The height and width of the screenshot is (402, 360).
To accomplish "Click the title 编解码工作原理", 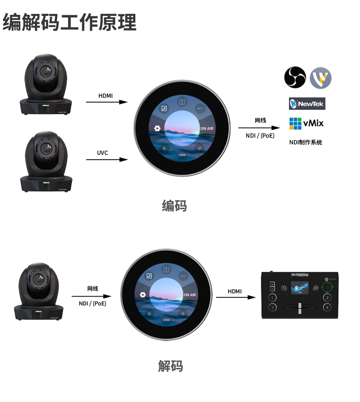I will (70, 22).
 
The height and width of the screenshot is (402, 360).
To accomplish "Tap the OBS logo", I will (295, 77).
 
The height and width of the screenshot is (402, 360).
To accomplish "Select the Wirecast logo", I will (321, 78).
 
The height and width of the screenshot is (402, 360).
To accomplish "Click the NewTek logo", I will (307, 104).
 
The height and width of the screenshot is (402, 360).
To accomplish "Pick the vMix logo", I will (306, 123).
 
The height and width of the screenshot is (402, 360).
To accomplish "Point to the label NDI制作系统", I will (306, 142).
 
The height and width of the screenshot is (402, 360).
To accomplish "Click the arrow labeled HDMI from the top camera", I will (106, 102).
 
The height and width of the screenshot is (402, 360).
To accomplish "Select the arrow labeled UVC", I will (106, 159).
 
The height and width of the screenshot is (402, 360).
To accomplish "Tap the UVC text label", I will (102, 153).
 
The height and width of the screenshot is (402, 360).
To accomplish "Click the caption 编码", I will (174, 206).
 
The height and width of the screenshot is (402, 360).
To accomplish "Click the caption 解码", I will (170, 366).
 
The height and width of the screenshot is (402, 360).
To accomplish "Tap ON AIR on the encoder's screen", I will (207, 129).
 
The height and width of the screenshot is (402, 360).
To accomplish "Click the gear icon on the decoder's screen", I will (142, 295).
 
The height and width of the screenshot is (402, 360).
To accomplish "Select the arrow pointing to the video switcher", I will (235, 297).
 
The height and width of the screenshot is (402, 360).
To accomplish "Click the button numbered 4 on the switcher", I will (327, 307).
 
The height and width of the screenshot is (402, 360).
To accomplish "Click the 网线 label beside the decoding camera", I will (93, 288).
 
